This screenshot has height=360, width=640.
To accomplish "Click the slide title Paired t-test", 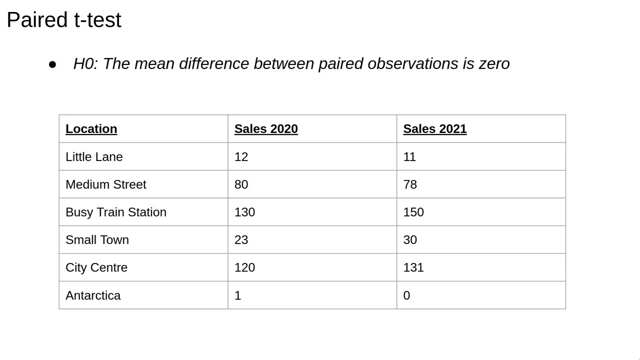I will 64,20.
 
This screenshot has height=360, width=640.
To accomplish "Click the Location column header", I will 91,129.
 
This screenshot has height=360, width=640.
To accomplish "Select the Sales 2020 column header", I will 266,129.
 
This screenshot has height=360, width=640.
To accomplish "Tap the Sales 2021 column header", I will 435,129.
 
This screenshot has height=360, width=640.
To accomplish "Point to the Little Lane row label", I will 94,157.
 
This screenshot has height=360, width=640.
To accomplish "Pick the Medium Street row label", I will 106,184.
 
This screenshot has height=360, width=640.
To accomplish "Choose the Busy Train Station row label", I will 116,212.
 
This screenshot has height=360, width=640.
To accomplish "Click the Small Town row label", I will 97,240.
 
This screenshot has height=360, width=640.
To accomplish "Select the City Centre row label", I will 96,267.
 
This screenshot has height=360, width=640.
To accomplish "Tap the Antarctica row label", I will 93,295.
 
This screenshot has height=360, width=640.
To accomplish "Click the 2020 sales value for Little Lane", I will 241,157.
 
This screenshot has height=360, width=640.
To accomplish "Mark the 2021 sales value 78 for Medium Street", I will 410,184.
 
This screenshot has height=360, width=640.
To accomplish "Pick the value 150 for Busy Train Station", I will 413,212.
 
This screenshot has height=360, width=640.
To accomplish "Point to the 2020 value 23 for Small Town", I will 241,240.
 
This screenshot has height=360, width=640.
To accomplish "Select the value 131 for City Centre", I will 413,267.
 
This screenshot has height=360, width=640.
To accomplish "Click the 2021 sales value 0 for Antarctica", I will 406,295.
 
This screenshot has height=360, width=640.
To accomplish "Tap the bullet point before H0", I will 52,64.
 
